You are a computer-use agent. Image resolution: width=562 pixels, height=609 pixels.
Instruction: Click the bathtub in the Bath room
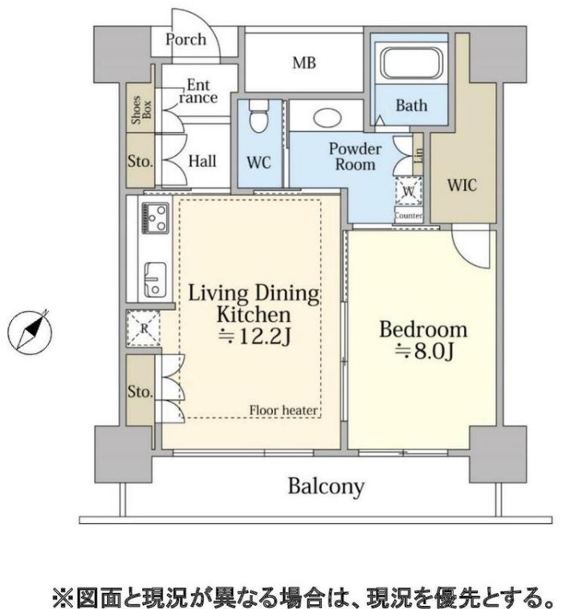tap(411, 63)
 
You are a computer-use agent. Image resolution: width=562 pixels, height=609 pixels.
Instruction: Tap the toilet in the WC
tap(259, 116)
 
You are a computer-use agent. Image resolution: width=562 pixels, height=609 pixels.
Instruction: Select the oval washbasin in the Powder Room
tap(328, 117)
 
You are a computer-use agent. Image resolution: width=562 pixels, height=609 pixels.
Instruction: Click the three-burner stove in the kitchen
tap(156, 218)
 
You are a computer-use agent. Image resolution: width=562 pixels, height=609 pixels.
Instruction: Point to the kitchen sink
tap(155, 280)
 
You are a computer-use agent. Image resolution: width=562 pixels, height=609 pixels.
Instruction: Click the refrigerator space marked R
tap(143, 328)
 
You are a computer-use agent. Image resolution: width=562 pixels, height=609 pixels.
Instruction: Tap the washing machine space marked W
tap(409, 190)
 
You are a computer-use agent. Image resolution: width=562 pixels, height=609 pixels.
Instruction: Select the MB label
tap(304, 63)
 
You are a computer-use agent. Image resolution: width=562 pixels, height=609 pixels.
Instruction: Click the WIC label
tap(462, 185)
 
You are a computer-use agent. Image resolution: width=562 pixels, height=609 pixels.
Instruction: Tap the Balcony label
tap(326, 487)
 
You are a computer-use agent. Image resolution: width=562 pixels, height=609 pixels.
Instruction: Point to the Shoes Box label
tap(140, 110)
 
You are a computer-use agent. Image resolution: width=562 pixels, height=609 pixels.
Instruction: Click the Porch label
tap(186, 39)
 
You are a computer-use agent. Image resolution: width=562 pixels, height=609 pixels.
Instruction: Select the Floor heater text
tap(283, 410)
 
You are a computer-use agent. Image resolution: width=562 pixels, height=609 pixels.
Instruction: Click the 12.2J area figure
tap(255, 337)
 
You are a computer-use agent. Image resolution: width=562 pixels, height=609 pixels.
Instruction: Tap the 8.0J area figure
tap(425, 352)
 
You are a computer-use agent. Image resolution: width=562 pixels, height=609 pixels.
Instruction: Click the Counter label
tap(409, 215)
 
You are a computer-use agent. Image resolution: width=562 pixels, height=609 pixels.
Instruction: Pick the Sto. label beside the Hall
tap(140, 161)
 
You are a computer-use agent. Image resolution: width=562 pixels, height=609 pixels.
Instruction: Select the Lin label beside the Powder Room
tap(418, 156)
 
